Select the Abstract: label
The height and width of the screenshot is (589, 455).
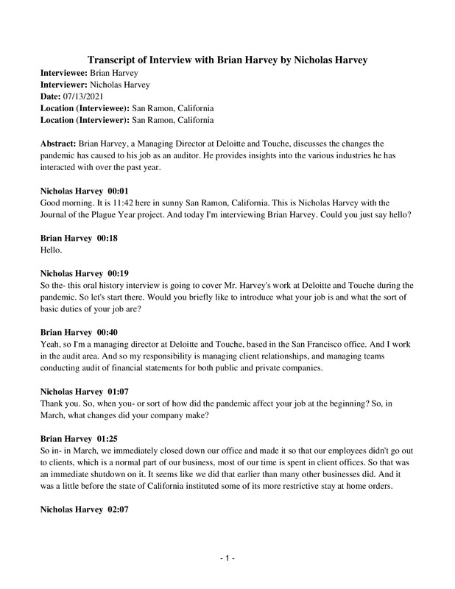[x=57, y=139]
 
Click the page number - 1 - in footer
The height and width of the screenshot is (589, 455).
[x=227, y=560]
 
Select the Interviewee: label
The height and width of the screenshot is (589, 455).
[x=63, y=74]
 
